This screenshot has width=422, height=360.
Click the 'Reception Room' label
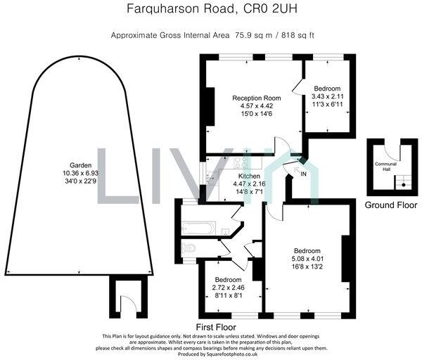coord(256,97)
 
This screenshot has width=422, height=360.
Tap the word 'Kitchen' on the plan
coord(250,176)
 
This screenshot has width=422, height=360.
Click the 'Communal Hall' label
coord(384,166)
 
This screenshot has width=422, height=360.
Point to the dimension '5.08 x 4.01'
coord(307,259)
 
